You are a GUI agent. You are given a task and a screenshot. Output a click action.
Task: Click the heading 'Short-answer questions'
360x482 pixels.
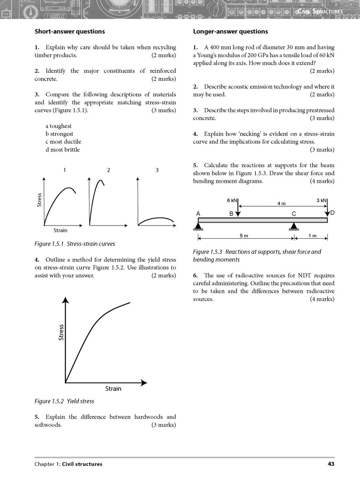click(70, 32)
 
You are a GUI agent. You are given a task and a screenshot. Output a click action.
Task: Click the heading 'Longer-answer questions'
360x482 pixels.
click(231, 32)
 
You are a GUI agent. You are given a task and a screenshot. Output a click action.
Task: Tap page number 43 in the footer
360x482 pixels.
click(331, 464)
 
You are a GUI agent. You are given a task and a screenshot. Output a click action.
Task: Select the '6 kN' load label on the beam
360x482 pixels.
click(232, 200)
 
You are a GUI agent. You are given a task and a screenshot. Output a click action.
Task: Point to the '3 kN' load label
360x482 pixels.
click(322, 200)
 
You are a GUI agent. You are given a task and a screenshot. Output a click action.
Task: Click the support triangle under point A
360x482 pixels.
click(199, 226)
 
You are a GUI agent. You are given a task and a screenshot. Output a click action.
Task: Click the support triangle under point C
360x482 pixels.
click(294, 226)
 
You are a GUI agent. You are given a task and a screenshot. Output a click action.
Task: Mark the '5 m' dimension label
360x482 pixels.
click(244, 236)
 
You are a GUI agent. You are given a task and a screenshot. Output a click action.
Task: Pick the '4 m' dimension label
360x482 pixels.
click(281, 203)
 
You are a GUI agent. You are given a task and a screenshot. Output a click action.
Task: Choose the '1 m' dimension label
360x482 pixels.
click(312, 236)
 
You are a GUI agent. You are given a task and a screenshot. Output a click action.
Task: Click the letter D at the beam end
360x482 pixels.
click(332, 213)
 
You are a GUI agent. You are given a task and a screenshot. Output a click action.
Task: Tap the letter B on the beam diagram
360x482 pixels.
click(231, 214)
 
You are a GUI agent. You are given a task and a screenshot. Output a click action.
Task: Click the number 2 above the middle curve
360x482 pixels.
click(108, 170)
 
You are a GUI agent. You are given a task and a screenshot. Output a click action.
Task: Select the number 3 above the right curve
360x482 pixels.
click(157, 170)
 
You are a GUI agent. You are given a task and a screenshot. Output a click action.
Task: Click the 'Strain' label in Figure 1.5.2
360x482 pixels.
click(113, 389)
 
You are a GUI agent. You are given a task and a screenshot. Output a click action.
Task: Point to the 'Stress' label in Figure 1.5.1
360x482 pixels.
click(39, 200)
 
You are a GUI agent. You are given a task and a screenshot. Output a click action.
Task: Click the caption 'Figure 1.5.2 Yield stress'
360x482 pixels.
click(64, 401)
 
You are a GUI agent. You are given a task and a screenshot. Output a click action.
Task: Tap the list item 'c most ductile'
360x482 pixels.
click(63, 142)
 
